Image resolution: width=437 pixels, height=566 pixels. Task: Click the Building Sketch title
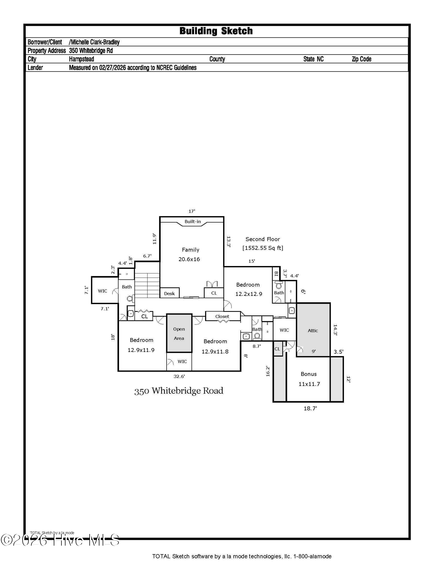[x=216, y=31]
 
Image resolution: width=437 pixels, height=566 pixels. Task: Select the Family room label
[x=190, y=250]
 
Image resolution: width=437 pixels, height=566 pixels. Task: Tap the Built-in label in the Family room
[x=192, y=221]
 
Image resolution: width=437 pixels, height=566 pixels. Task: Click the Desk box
[x=169, y=293]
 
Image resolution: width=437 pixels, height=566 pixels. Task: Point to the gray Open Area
[x=179, y=333]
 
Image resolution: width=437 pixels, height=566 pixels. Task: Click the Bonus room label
[x=309, y=374]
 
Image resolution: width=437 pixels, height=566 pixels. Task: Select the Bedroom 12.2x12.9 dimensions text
[x=249, y=294]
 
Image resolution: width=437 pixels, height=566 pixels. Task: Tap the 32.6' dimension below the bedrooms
[x=179, y=376]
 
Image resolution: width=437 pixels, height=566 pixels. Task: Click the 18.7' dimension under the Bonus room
[x=310, y=408]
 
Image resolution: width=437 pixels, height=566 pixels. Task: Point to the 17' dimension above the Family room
[x=191, y=211]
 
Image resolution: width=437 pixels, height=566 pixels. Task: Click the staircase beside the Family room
[x=147, y=285]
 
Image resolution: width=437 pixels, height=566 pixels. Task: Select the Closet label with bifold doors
[x=222, y=316]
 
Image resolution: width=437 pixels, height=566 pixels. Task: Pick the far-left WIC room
[x=103, y=291]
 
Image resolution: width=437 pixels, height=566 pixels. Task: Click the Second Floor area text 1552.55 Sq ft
[x=262, y=248]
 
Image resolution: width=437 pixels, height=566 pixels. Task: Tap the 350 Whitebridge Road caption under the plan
[x=179, y=391]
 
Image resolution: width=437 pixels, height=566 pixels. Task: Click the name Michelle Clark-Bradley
[x=94, y=42]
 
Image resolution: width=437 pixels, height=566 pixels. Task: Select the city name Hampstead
[x=81, y=59]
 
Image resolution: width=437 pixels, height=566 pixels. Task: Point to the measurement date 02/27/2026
[x=112, y=68]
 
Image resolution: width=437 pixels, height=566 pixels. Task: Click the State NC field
[x=313, y=59]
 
